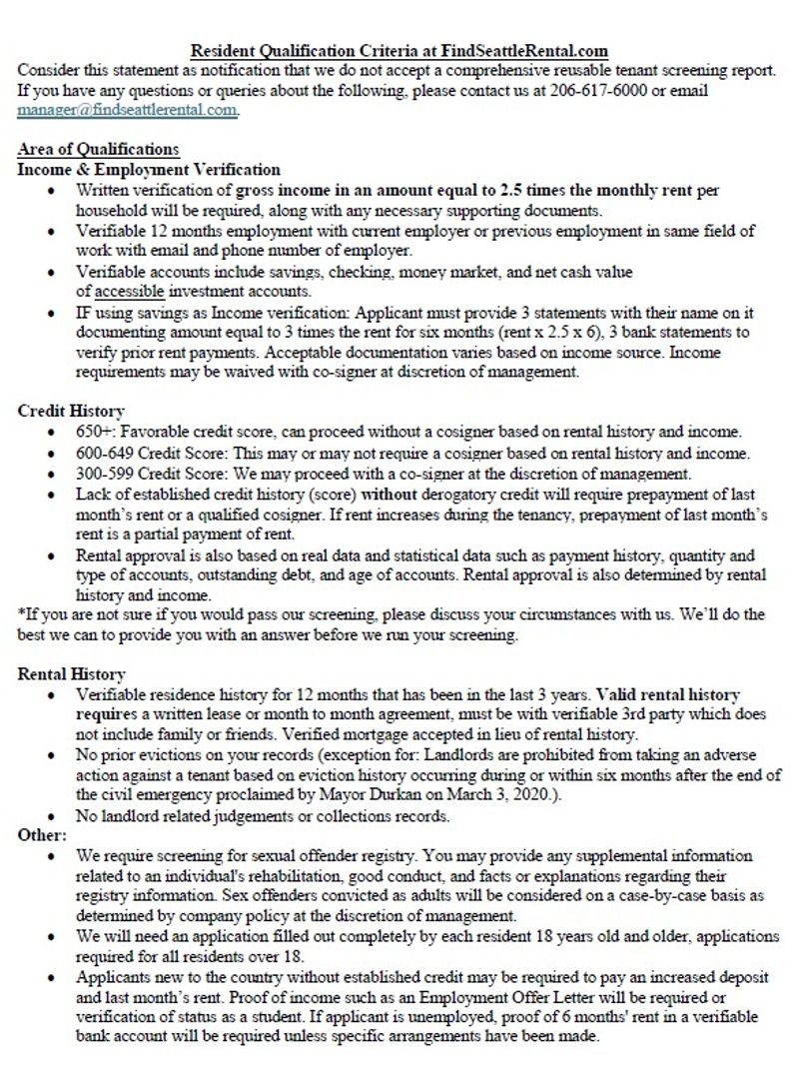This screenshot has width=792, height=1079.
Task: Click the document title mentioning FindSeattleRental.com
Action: [x=399, y=50]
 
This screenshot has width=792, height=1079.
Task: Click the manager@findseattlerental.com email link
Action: [x=127, y=110]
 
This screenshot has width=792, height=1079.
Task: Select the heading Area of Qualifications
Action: [x=98, y=150]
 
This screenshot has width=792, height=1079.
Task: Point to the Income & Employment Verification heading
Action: [x=149, y=170]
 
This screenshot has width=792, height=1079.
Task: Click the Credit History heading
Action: [x=71, y=411]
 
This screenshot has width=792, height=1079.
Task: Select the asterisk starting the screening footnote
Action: [x=21, y=614]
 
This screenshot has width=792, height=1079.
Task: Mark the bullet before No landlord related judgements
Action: [x=51, y=816]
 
